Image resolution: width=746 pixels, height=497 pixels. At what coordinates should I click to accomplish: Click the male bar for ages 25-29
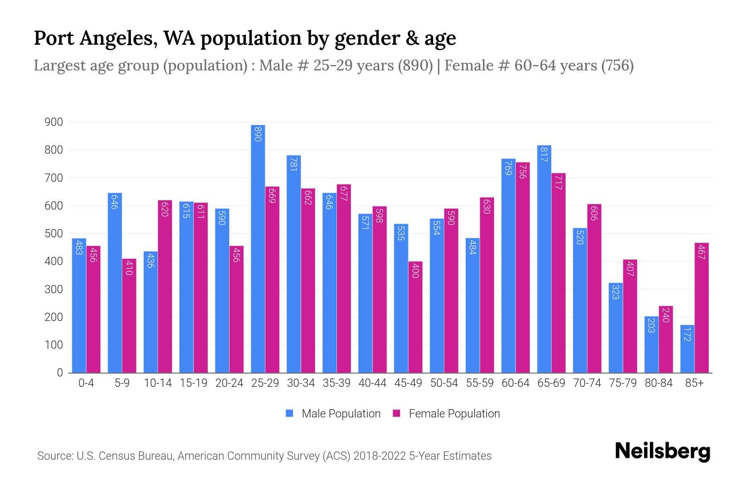click(258, 248)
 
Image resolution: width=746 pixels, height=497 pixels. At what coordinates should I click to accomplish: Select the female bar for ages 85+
click(702, 308)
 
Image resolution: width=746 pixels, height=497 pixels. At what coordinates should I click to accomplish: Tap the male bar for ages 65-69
click(544, 259)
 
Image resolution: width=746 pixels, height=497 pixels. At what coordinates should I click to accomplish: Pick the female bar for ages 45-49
click(415, 317)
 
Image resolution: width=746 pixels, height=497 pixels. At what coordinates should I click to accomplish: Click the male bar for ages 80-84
click(651, 345)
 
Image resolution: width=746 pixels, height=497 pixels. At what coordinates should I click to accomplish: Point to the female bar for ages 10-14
click(165, 286)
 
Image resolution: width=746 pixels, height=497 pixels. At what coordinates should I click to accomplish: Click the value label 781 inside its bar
click(293, 164)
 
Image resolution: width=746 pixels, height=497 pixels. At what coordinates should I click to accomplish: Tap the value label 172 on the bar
click(687, 334)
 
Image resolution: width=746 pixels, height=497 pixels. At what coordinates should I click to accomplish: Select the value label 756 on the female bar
click(522, 171)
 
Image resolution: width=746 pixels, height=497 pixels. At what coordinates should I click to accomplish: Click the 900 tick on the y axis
click(54, 122)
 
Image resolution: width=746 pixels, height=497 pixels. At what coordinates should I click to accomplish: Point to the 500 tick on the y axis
click(54, 234)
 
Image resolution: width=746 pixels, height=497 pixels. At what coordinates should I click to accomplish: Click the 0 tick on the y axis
click(60, 373)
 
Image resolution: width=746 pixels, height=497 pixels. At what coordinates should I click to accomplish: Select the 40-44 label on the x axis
click(372, 383)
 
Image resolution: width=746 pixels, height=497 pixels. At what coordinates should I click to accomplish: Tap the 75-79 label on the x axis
click(622, 383)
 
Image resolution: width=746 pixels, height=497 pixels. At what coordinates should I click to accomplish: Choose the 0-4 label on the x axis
click(86, 383)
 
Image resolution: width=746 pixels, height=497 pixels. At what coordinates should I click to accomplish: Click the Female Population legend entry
click(446, 413)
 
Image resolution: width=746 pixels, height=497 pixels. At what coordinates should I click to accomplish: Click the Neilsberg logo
click(662, 451)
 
